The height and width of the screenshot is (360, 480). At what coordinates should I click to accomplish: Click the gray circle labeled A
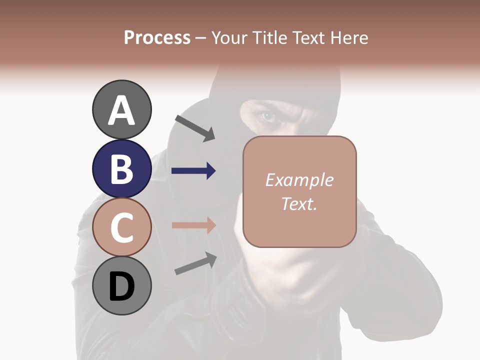click(121, 109)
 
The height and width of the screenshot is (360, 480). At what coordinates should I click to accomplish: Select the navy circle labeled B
click(121, 168)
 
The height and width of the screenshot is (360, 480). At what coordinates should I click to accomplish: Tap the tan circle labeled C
click(121, 227)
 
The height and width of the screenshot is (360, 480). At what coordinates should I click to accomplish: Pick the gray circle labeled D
click(121, 286)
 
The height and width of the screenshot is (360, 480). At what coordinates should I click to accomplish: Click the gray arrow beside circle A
click(195, 128)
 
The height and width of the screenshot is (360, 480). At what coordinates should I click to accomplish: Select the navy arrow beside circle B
click(193, 171)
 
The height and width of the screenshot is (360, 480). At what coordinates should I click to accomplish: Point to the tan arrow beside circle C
click(193, 224)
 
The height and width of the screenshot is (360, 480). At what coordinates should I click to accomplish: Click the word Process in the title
click(157, 37)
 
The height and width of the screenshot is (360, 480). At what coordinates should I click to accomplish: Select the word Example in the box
click(299, 180)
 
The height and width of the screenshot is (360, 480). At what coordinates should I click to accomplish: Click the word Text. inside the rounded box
click(299, 203)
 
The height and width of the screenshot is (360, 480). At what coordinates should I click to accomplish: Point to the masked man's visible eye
click(268, 117)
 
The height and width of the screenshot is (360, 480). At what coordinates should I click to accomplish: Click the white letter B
click(121, 169)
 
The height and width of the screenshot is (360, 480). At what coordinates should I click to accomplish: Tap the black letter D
click(121, 286)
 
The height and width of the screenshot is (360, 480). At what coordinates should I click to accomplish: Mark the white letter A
click(121, 110)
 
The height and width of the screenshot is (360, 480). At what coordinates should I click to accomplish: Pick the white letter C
click(121, 227)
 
